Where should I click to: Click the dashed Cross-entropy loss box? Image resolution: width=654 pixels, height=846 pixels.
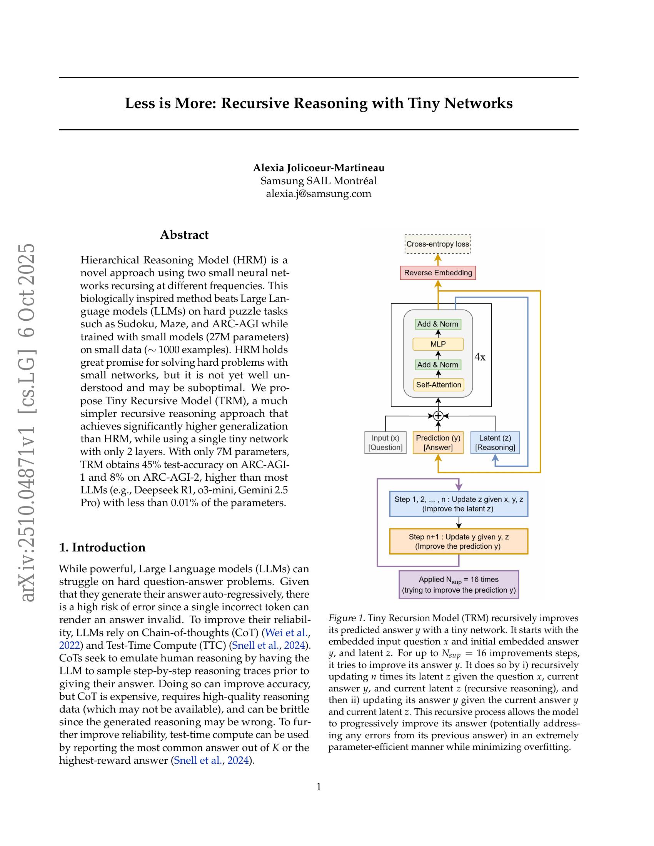pyautogui.click(x=437, y=244)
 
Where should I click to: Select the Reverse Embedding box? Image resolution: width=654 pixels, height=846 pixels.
pyautogui.click(x=438, y=273)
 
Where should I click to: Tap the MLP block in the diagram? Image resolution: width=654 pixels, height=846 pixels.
pyautogui.click(x=438, y=344)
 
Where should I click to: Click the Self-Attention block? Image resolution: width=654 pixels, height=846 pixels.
pyautogui.click(x=438, y=385)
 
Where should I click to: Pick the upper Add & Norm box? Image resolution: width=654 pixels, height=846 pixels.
pyautogui.click(x=438, y=324)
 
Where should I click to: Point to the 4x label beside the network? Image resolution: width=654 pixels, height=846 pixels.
pyautogui.click(x=480, y=357)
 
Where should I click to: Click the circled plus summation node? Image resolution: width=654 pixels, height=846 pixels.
pyautogui.click(x=438, y=416)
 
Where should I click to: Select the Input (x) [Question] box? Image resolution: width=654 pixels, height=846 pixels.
pyautogui.click(x=385, y=442)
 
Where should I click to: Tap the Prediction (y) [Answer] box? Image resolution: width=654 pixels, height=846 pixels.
pyautogui.click(x=438, y=442)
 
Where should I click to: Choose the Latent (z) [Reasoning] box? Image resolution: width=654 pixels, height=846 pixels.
pyautogui.click(x=495, y=442)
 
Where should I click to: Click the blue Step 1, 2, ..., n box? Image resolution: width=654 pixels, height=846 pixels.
pyautogui.click(x=458, y=504)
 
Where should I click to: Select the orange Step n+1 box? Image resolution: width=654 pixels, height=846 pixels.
pyautogui.click(x=458, y=541)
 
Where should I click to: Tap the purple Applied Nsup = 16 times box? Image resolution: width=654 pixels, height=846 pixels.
pyautogui.click(x=458, y=585)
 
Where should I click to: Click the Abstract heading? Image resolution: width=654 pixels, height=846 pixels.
pyautogui.click(x=184, y=235)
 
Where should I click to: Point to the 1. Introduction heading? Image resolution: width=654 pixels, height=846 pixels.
pyautogui.click(x=102, y=547)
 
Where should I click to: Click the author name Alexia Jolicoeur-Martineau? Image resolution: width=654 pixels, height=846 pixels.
pyautogui.click(x=319, y=168)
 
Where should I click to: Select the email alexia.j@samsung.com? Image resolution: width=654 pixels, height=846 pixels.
pyautogui.click(x=319, y=193)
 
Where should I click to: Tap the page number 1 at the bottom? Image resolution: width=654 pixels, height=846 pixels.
pyautogui.click(x=319, y=787)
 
